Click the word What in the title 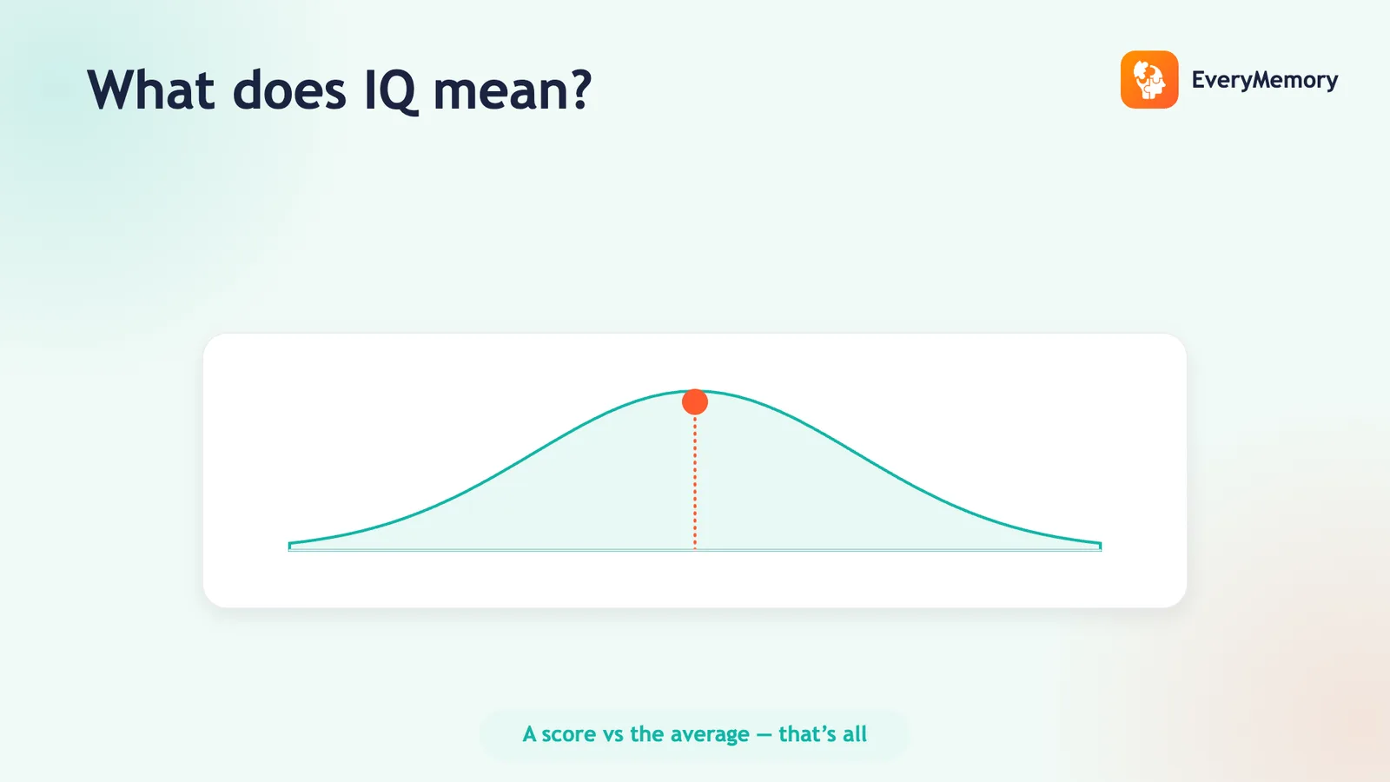151,90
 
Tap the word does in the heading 289,90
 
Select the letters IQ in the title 390,92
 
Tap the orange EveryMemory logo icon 1149,79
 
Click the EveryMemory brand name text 1265,80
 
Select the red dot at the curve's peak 695,401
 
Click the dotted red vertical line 695,482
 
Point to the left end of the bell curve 290,545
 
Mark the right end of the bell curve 1100,545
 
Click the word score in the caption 569,734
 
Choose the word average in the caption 710,735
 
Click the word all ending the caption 855,733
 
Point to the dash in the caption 764,735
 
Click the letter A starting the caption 529,734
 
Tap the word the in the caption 646,733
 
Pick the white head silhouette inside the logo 1149,80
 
